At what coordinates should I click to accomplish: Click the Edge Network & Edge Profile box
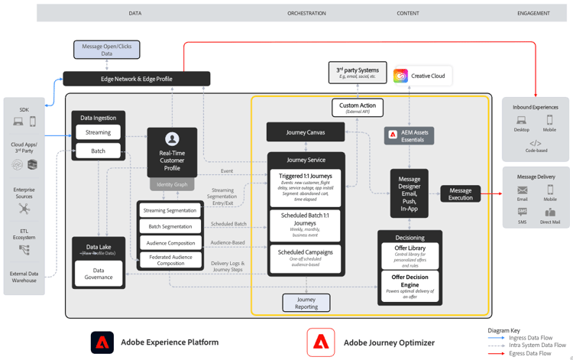coord(136,79)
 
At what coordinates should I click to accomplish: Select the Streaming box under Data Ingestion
coord(98,132)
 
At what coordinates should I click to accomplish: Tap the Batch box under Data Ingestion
coord(98,151)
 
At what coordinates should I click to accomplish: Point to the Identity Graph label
coord(172,184)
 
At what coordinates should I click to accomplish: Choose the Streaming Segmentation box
coord(170,210)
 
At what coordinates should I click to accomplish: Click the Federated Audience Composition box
coord(170,259)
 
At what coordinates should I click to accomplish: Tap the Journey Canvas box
coord(306,132)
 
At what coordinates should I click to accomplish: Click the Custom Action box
coord(358,108)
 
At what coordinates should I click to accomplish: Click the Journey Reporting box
coord(306,303)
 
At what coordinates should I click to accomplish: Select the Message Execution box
coord(461,194)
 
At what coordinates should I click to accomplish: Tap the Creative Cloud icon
coord(400,76)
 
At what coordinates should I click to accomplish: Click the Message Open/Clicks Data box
coord(107,50)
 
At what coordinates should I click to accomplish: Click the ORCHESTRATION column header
coord(306,13)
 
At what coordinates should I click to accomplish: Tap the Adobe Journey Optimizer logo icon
coord(321,342)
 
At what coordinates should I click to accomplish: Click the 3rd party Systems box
coord(358,74)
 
